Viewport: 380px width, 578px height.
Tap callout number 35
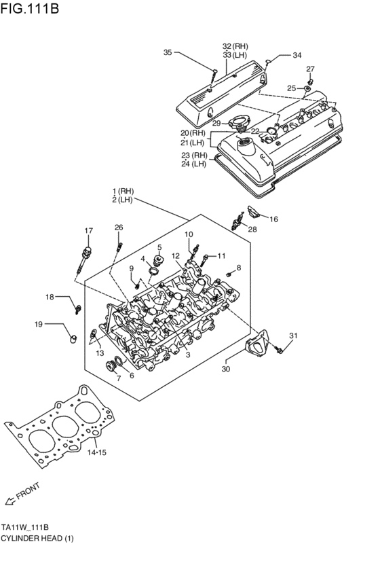point(168,52)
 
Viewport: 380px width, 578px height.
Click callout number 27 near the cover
point(310,69)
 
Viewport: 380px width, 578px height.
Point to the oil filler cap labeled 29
point(239,124)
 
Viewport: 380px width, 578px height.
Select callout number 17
point(88,231)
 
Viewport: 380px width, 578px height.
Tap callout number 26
point(119,228)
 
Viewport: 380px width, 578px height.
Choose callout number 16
point(274,219)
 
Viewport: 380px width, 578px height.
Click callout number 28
point(252,230)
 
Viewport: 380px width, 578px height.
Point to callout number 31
point(293,336)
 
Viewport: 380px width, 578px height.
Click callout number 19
point(39,324)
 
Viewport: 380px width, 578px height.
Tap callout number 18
point(50,297)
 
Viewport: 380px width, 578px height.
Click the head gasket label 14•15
point(97,452)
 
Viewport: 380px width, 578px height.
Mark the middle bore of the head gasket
point(64,427)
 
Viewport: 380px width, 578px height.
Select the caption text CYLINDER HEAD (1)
point(37,538)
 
